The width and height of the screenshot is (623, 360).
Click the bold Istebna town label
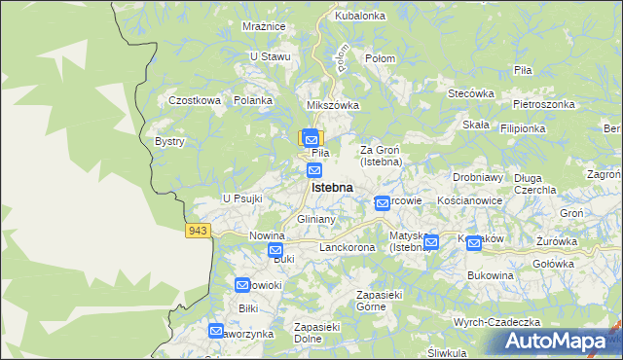point(331,187)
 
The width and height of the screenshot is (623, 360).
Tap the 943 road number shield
point(198,230)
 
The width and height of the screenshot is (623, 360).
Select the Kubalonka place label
point(360,17)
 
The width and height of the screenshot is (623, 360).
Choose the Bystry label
point(169,141)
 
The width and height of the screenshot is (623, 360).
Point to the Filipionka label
point(549,127)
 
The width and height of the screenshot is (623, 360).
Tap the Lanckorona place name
point(347,248)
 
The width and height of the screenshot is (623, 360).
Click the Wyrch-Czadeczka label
point(495,322)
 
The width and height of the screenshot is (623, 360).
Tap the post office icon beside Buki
point(275,250)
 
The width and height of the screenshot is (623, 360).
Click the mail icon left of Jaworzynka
point(216,331)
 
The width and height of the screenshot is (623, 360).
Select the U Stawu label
point(271,56)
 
